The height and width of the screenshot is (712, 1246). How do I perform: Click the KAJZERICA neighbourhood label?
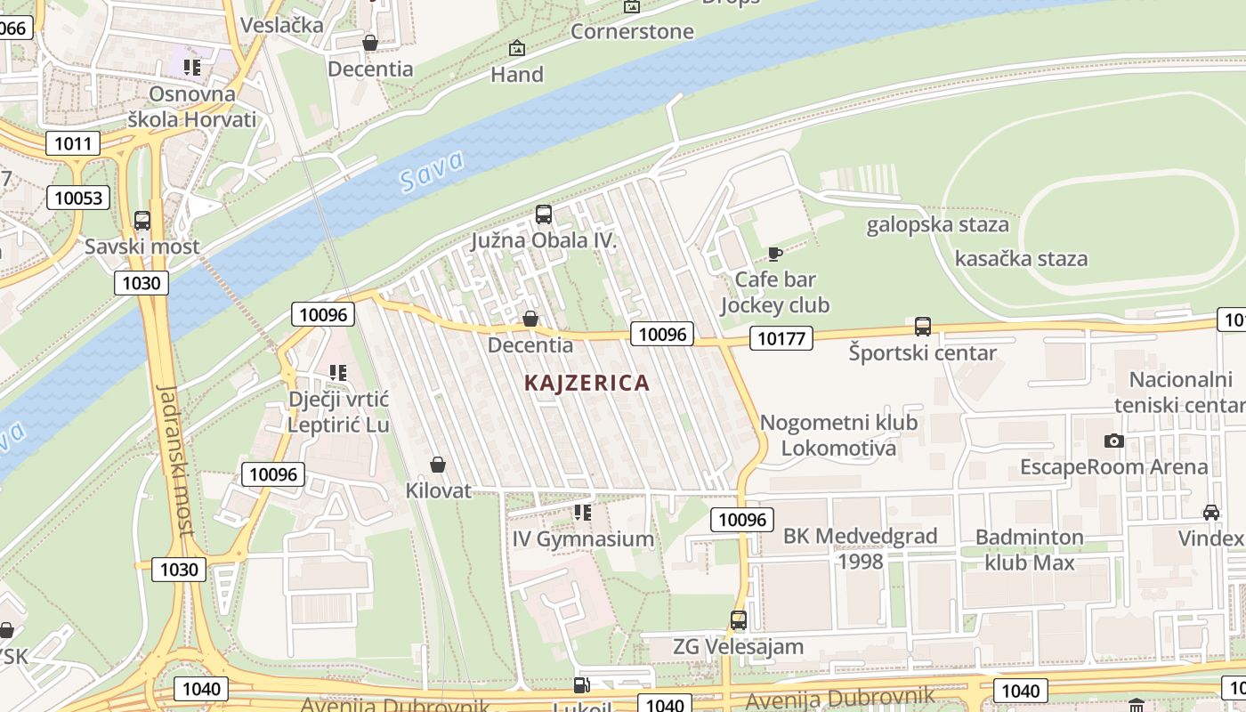587,383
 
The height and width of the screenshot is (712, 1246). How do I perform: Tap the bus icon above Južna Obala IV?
544,214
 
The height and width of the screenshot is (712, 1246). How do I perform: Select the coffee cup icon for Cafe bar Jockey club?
775,254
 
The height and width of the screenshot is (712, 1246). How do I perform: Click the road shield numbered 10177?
781,337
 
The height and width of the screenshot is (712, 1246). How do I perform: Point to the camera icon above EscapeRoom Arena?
1113,441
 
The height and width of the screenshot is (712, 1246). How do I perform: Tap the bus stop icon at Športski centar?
923,327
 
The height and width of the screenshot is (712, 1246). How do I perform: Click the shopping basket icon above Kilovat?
438,465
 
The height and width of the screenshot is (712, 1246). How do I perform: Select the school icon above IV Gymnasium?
583,513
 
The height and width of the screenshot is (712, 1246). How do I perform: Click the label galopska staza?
938,224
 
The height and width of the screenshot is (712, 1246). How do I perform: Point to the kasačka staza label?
1021,259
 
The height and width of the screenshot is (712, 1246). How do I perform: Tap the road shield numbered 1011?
73,143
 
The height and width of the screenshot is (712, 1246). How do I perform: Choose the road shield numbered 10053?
79,198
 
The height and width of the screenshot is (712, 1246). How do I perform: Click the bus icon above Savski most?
142,221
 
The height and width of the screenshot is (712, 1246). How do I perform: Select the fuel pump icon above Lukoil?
582,685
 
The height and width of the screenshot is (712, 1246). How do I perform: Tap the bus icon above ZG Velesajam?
739,620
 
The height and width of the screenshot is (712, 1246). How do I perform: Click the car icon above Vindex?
1211,513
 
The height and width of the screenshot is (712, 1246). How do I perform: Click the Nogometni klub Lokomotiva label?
838,434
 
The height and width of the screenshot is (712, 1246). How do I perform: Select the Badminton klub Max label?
1030,550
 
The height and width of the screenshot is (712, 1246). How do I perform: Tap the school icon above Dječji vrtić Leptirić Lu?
338,372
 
